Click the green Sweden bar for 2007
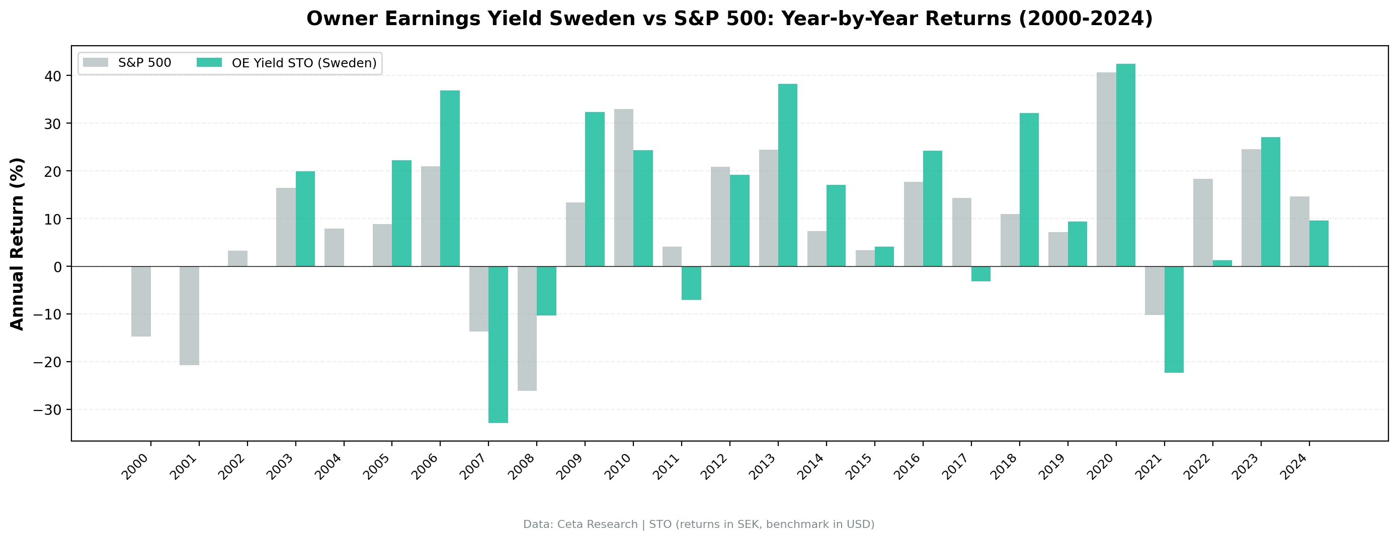(498, 344)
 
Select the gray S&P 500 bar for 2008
(527, 328)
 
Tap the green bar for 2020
(1125, 165)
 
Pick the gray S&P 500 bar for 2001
(190, 315)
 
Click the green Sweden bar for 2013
(787, 175)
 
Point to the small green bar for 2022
(1222, 263)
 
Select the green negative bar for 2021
(1174, 319)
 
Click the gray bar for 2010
(624, 187)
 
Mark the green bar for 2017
(980, 274)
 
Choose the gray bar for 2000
(141, 301)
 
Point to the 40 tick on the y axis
(53, 76)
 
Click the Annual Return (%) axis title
(18, 244)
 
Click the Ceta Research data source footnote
(698, 524)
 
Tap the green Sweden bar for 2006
(450, 178)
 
